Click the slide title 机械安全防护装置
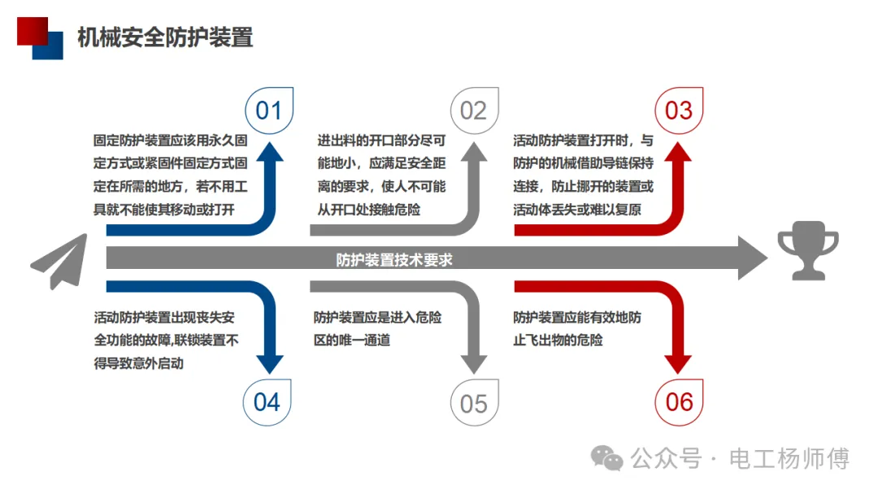(165, 37)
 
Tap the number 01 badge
(269, 110)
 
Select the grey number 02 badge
(474, 110)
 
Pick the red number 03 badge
(679, 110)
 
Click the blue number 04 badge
(267, 402)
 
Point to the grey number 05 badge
(474, 404)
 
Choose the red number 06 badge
(680, 402)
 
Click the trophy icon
(807, 254)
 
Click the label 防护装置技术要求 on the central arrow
(394, 260)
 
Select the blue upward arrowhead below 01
(269, 154)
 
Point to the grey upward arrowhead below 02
(474, 154)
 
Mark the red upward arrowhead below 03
(679, 154)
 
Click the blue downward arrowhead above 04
(269, 362)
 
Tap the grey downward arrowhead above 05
(474, 362)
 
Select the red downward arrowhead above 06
(679, 362)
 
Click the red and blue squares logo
(40, 37)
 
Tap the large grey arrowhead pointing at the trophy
(752, 259)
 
